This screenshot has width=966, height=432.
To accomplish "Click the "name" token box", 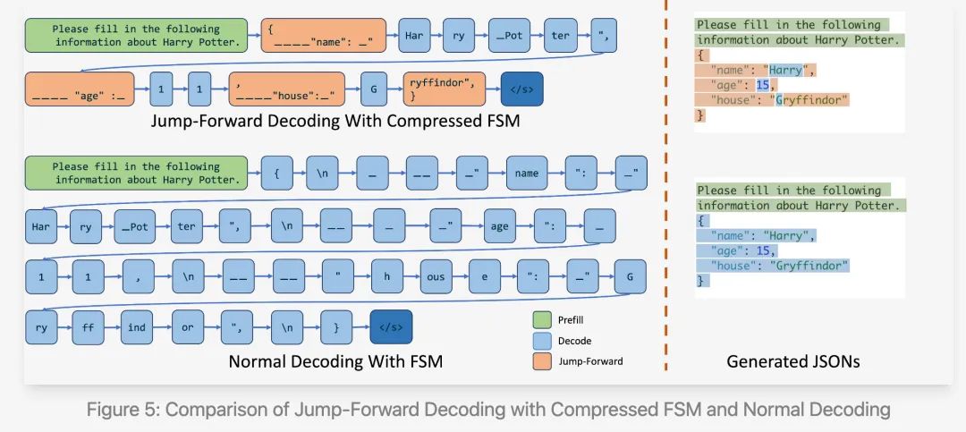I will pos(528,174).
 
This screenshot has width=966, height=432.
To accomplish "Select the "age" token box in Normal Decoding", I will pos(500,226).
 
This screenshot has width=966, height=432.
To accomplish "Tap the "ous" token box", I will pos(435,277).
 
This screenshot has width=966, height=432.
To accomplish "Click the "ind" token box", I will pos(137,327).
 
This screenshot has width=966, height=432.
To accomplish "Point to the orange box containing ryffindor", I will pos(444,89).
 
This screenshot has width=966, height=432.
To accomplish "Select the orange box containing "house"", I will pos(284,89).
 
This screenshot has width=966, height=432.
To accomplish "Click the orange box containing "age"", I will pos(79,89).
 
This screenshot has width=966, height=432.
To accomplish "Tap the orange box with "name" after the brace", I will pos(324,35).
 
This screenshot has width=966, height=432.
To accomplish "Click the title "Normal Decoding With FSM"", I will pos(335,361).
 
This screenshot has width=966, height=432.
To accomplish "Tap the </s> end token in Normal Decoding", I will pos(392,327).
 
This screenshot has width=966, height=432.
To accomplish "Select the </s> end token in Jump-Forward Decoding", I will pos(521,89).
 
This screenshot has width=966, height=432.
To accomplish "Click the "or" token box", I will pos(187,327).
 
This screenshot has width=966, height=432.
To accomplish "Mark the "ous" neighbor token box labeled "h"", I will pos(386,277).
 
